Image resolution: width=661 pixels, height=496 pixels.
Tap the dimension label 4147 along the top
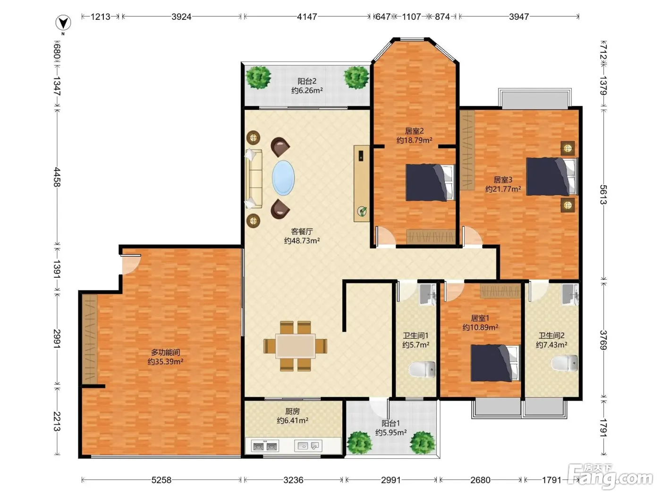tap(306, 17)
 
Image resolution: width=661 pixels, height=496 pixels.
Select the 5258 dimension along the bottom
tap(161, 480)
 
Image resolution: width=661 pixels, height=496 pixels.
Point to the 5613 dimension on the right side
tap(603, 195)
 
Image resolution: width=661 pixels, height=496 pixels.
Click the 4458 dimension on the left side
tap(57, 177)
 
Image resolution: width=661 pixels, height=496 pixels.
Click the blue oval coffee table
tap(283, 178)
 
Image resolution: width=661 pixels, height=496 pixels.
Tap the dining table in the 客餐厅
tap(295, 346)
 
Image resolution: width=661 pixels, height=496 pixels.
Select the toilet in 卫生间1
tap(422, 369)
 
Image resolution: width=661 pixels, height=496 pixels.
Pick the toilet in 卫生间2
tap(565, 363)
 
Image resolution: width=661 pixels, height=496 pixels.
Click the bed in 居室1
tap(495, 363)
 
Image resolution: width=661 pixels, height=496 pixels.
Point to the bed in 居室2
tap(430, 182)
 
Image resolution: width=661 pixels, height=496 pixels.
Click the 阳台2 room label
tap(307, 81)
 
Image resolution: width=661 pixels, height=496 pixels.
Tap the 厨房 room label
tap(292, 411)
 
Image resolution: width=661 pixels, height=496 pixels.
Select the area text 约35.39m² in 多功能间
tap(165, 361)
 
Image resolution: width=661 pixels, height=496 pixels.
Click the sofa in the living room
tap(254, 179)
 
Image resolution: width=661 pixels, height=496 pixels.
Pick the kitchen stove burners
tap(265, 446)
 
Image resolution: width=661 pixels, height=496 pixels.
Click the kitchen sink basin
tap(308, 446)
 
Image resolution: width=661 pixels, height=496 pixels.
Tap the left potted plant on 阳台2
tap(258, 77)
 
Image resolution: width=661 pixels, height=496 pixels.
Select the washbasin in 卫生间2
tap(570, 294)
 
